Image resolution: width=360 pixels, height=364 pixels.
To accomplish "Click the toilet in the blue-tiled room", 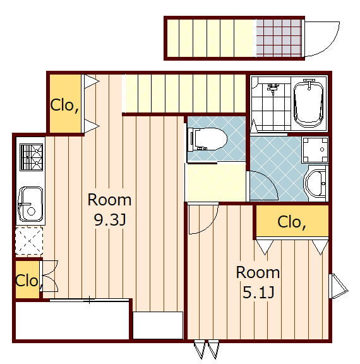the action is click(208, 139).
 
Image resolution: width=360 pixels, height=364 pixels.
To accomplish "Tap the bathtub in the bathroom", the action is click(308, 104).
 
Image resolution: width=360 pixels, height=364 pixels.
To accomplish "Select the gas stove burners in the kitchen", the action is click(32, 157).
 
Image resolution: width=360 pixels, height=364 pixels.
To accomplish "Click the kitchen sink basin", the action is click(30, 204).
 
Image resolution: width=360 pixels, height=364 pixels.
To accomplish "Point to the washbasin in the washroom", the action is click(316, 183).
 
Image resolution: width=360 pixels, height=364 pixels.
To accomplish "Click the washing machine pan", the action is click(315, 150).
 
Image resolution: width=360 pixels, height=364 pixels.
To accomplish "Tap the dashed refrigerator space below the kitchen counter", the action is click(29, 241).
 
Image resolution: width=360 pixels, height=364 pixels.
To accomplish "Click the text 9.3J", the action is click(110, 220).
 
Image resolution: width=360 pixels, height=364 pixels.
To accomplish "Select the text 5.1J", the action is click(258, 292).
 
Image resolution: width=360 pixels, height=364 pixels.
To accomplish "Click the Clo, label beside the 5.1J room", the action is click(292, 222).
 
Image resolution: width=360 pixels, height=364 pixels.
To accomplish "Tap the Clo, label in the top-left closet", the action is click(64, 106).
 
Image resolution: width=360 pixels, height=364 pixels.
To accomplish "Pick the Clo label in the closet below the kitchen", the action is click(27, 281).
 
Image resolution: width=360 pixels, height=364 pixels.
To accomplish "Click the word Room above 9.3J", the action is click(109, 200).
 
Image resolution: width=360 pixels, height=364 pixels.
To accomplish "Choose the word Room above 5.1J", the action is click(258, 272).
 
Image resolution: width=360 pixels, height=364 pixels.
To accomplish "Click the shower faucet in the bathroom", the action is click(273, 88).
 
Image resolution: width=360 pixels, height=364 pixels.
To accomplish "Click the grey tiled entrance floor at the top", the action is click(279, 38).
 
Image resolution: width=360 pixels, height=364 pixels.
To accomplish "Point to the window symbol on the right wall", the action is click(338, 286).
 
